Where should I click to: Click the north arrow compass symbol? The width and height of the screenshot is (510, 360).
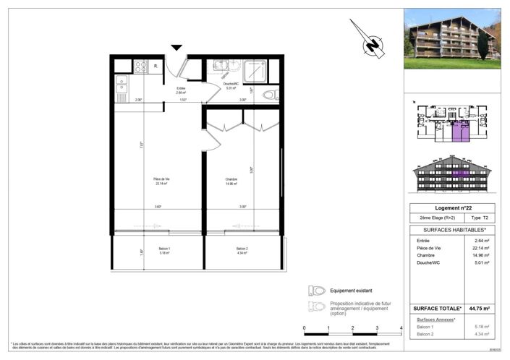coord(370,40)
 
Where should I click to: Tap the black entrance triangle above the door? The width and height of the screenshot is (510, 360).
coord(177,48)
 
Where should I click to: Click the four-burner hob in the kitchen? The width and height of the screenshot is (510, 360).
coord(140,67)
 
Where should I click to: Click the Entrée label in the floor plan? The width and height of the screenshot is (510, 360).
coord(180,90)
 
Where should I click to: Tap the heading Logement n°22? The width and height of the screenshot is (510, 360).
coord(453,207)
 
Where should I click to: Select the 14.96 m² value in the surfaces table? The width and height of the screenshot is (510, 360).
coord(480,255)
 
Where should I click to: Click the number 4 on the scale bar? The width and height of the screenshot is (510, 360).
coord(400,328)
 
